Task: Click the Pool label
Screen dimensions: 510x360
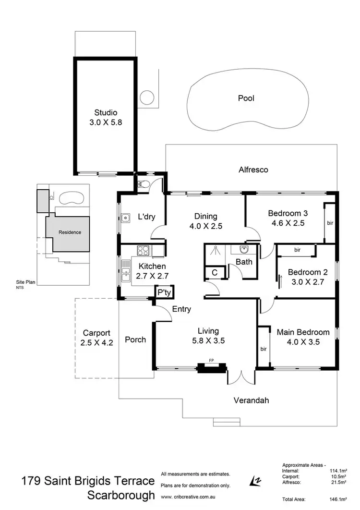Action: click(x=246, y=98)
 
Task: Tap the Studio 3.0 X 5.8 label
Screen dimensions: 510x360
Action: click(x=106, y=118)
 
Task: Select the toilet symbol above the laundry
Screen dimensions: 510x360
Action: click(x=144, y=183)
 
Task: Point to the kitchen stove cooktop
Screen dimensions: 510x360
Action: click(x=144, y=250)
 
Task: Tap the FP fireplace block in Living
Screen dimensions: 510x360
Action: click(x=211, y=368)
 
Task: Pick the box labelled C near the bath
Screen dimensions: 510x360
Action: click(x=214, y=273)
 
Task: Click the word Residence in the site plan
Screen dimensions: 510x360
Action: click(x=70, y=232)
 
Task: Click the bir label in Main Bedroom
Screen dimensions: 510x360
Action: click(x=263, y=349)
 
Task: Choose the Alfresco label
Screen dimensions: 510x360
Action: click(x=253, y=170)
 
